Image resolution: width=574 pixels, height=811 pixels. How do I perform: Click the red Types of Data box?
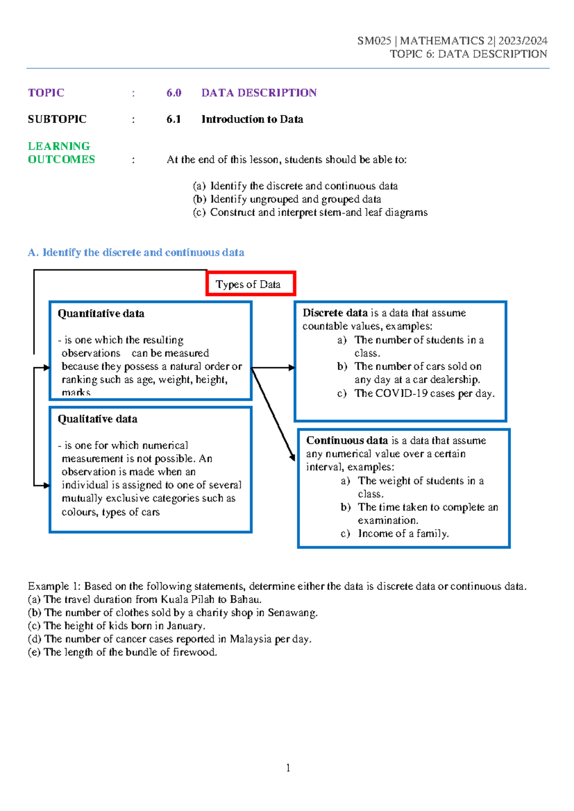click(251, 284)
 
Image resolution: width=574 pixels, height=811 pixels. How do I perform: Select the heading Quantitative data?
click(101, 314)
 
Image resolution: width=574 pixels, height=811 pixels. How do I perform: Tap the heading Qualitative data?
click(98, 419)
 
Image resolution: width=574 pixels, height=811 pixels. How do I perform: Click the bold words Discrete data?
click(335, 313)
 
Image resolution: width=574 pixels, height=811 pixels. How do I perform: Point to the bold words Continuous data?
click(347, 440)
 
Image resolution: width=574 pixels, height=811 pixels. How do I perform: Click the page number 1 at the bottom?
click(288, 768)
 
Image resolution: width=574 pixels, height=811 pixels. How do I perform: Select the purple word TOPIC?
click(46, 93)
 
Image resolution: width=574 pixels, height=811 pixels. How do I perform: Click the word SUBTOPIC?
click(57, 119)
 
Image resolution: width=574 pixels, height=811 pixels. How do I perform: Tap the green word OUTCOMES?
click(61, 159)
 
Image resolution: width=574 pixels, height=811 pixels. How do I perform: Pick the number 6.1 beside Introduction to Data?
click(174, 119)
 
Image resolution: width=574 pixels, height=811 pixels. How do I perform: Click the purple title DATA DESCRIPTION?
click(259, 93)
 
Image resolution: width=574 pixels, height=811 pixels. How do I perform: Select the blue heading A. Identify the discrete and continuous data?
click(136, 252)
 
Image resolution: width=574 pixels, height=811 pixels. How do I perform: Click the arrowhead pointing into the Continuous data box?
click(292, 457)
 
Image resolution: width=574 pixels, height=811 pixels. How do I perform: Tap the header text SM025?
click(374, 41)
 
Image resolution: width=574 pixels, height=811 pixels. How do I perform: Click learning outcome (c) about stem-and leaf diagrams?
click(310, 212)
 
